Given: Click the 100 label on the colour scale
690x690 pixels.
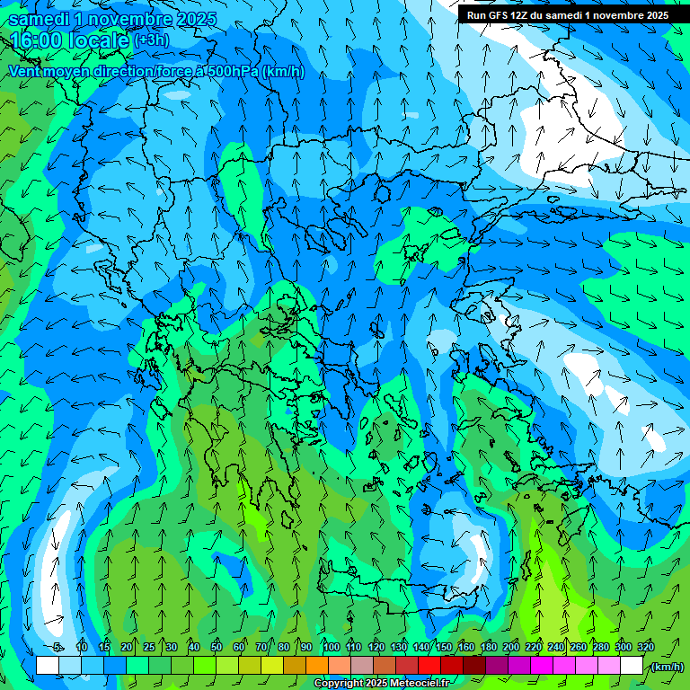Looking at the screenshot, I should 331,647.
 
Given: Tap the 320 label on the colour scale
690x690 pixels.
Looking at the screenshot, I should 645,647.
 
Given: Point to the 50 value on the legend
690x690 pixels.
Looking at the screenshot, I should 217,647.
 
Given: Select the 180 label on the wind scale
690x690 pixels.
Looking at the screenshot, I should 489,647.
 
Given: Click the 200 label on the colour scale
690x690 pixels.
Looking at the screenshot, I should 511,647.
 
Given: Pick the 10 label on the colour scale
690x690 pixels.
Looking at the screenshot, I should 82,647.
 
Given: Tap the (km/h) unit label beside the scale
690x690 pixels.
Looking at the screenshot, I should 667,666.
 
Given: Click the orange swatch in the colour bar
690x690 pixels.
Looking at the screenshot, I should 317,666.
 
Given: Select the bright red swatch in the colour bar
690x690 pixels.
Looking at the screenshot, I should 429,666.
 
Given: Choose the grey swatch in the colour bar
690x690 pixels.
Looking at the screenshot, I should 362,666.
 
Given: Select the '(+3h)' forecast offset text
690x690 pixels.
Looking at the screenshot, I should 150,40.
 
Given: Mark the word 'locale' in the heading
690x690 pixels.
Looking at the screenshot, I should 99,40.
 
